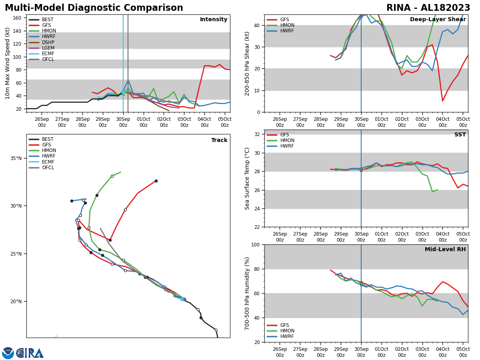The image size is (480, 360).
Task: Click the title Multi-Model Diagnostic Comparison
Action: click(94, 8)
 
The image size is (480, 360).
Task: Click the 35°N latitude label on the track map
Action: click(16, 158)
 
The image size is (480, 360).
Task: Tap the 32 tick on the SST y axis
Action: click(258, 134)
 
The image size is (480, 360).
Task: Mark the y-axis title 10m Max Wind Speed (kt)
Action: click(8, 63)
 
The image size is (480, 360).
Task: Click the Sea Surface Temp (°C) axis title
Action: click(247, 178)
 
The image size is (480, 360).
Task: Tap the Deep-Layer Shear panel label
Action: click(438, 20)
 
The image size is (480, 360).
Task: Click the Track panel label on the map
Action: click(219, 140)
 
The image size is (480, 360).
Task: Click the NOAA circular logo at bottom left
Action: click(8, 353)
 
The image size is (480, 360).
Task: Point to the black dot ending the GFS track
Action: click(156, 181)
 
